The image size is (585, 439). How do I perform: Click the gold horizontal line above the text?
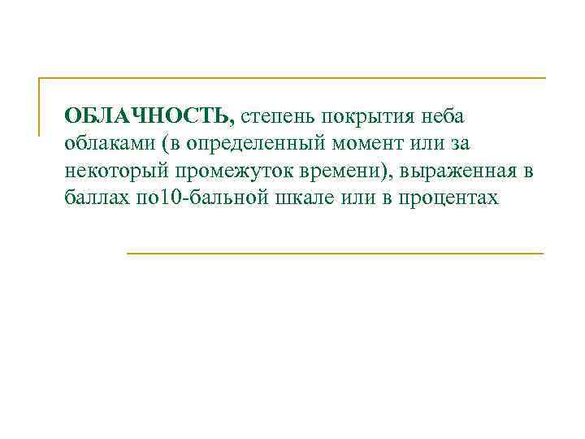tap(292, 78)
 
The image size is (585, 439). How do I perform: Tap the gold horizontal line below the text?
tap(335, 254)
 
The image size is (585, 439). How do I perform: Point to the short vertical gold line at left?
tap(39, 106)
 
